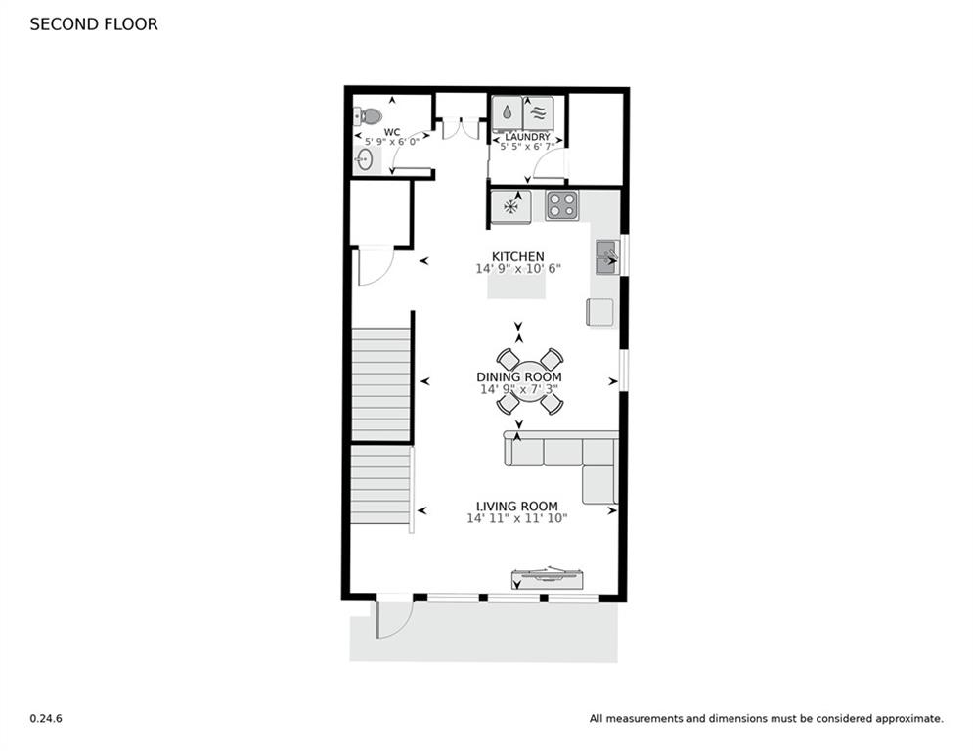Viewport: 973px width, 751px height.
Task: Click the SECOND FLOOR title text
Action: tap(93, 24)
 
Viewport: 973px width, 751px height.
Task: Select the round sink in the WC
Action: tap(364, 160)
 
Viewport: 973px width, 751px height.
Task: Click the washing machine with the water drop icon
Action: tap(507, 112)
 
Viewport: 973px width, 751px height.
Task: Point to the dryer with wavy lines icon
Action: tap(538, 112)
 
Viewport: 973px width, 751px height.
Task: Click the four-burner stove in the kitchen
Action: tap(562, 205)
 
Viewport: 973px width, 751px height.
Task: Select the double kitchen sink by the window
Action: tap(606, 257)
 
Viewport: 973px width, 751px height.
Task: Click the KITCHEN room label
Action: tap(518, 256)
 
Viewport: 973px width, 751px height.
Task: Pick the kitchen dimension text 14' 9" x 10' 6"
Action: tap(517, 269)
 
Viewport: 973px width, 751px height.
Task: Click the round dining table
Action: tap(529, 381)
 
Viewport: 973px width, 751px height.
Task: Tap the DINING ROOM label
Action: tap(518, 376)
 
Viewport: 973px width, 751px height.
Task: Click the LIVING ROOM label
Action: tap(517, 507)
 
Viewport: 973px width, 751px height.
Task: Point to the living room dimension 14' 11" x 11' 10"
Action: tap(517, 519)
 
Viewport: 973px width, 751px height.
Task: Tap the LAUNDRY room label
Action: tap(527, 138)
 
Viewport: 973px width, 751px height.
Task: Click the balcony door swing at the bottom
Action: tap(393, 618)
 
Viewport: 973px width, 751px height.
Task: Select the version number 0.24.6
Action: tap(46, 719)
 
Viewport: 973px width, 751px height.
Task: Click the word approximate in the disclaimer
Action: tap(909, 719)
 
